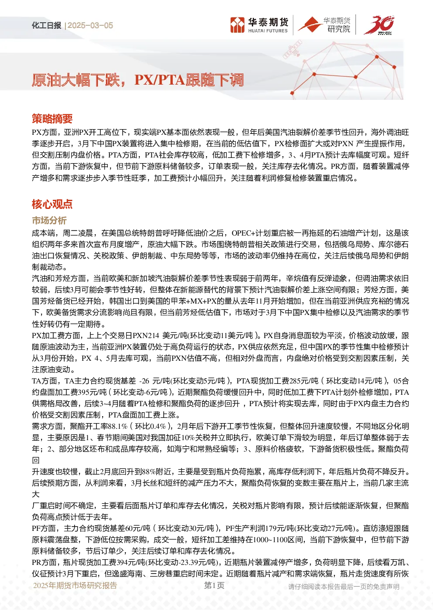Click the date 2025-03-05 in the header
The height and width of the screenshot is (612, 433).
90,25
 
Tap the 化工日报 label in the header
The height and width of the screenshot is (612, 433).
46,25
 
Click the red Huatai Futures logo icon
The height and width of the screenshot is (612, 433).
237,25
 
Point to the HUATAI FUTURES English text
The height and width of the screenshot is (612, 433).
268,31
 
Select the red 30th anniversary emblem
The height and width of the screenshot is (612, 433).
379,25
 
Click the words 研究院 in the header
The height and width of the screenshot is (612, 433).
339,29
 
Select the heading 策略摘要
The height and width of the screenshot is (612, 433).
52,119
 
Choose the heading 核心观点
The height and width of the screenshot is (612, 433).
52,204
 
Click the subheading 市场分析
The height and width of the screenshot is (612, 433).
49,220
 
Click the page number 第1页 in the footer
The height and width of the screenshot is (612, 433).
214,585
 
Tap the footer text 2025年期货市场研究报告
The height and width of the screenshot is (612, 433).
75,585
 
